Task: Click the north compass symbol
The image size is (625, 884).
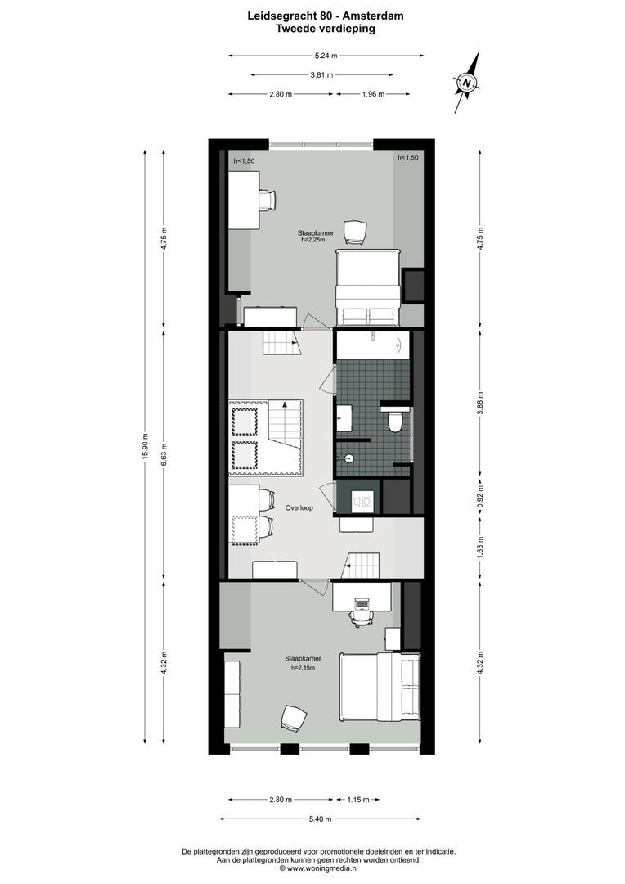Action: pyautogui.click(x=466, y=83)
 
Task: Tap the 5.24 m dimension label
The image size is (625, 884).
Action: pyautogui.click(x=326, y=56)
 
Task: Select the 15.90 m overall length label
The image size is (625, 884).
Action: pyautogui.click(x=146, y=446)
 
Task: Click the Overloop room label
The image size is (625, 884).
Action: pyautogui.click(x=299, y=508)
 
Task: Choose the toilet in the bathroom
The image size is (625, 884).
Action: pyautogui.click(x=395, y=422)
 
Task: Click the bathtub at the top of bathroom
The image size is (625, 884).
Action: pyautogui.click(x=372, y=345)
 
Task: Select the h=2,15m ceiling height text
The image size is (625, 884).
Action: pyautogui.click(x=303, y=668)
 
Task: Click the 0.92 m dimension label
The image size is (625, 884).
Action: pyautogui.click(x=481, y=493)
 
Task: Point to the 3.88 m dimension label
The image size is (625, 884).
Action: pyautogui.click(x=481, y=407)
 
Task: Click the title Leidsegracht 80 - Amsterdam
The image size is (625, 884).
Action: pyautogui.click(x=326, y=16)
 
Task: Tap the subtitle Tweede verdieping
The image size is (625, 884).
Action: pyautogui.click(x=326, y=28)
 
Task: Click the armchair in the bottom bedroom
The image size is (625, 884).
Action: pyautogui.click(x=294, y=717)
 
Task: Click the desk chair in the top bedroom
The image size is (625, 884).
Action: pyautogui.click(x=268, y=199)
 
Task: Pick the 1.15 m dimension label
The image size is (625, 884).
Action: pyautogui.click(x=357, y=800)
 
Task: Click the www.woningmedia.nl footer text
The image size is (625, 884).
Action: pyautogui.click(x=326, y=868)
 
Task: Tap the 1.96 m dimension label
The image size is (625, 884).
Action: pyautogui.click(x=373, y=94)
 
